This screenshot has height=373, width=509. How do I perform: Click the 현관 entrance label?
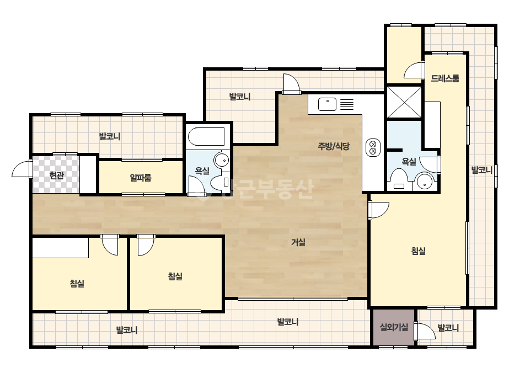tap(56, 176)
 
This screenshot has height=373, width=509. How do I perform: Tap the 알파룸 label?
tap(141, 178)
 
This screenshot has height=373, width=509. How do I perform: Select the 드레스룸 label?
tap(445, 78)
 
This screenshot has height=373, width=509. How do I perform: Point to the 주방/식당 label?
tap(334, 146)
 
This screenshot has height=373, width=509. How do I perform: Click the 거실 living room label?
tap(298, 242)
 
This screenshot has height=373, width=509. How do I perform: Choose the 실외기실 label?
tap(394, 327)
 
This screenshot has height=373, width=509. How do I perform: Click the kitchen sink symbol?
tap(327, 104)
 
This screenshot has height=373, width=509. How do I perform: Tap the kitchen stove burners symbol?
tap(373, 147)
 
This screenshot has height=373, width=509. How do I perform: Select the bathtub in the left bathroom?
tap(206, 137)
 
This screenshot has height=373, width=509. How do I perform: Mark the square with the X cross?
tap(404, 102)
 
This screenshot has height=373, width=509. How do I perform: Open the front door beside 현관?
tap(22, 169)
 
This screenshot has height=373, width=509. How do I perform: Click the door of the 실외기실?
tap(426, 332)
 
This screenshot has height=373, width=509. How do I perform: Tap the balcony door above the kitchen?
tap(291, 84)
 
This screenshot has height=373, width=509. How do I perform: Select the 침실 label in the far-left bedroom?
tap(77, 283)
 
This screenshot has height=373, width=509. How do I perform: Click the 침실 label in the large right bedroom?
tap(419, 251)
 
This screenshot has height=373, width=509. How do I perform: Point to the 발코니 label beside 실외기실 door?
tap(448, 328)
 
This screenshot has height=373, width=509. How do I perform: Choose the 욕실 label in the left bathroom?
tap(202, 171)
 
